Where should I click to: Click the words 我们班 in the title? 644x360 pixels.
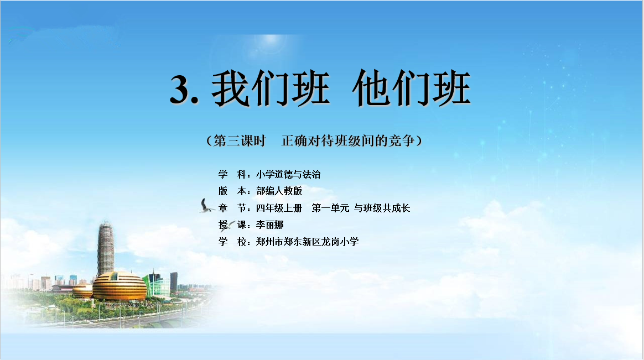click(x=271, y=88)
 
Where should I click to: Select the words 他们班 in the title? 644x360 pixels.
click(x=411, y=88)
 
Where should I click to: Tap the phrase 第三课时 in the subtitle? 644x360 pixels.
click(x=240, y=141)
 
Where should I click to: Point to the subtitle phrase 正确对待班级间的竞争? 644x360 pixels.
click(x=348, y=141)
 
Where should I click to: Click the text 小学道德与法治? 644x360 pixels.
click(x=288, y=174)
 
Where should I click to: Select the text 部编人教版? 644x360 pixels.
click(x=279, y=191)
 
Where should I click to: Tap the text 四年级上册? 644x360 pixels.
click(x=279, y=208)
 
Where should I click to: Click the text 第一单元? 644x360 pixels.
click(x=331, y=208)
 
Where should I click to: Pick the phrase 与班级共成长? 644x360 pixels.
click(x=382, y=208)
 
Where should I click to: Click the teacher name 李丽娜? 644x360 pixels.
click(x=270, y=225)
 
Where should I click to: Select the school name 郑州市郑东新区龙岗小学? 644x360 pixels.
click(x=308, y=242)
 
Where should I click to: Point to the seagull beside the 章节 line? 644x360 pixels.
click(x=206, y=206)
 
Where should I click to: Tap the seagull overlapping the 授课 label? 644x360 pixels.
click(x=227, y=226)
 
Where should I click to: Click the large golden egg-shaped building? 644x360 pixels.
click(x=120, y=286)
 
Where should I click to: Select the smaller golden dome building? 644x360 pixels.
click(x=82, y=291)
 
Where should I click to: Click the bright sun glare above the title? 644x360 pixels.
click(x=270, y=40)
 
